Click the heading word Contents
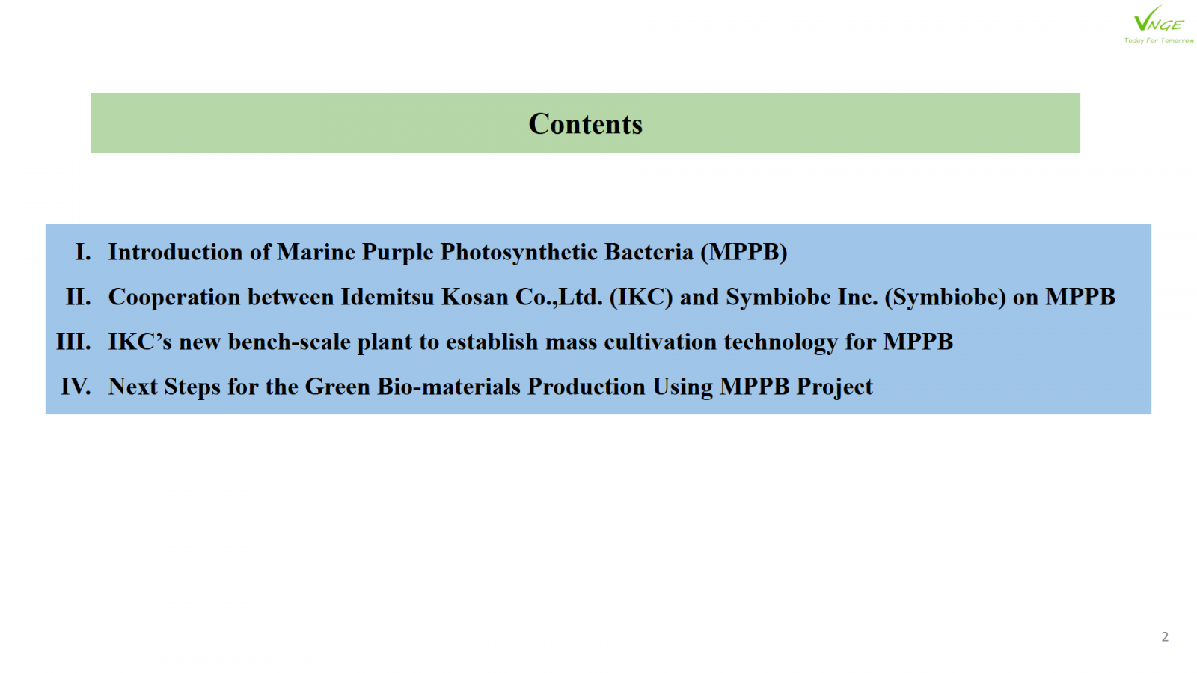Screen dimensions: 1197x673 click(585, 124)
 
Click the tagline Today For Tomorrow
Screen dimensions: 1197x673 click(1159, 40)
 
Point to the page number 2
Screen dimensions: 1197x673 click(1165, 636)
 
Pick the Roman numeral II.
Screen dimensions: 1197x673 click(78, 297)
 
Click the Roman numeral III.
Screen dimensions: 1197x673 click(74, 342)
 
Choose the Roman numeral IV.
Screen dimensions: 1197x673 click(76, 387)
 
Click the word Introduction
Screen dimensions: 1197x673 click(175, 252)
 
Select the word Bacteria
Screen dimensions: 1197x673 click(649, 252)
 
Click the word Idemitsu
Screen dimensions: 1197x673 click(388, 297)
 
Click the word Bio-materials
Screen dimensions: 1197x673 click(448, 387)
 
